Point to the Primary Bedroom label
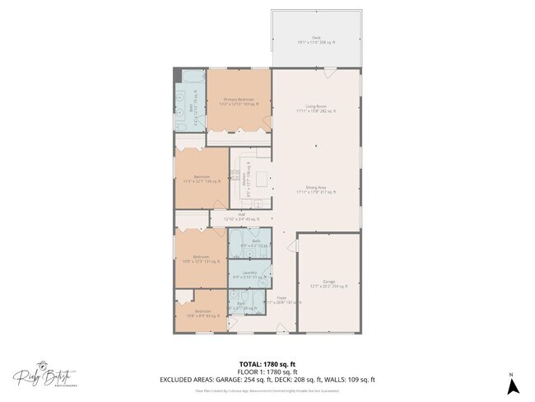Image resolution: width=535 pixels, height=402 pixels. [239, 101]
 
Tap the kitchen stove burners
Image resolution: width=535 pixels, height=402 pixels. [235, 174]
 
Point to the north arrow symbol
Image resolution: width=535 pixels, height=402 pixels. [511, 380]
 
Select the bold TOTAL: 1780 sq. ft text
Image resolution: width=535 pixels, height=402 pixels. [267, 363]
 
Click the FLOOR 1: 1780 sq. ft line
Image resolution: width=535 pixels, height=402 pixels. [267, 372]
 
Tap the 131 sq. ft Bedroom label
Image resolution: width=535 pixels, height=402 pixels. [199, 259]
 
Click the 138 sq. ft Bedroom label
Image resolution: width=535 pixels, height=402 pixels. [201, 178]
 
